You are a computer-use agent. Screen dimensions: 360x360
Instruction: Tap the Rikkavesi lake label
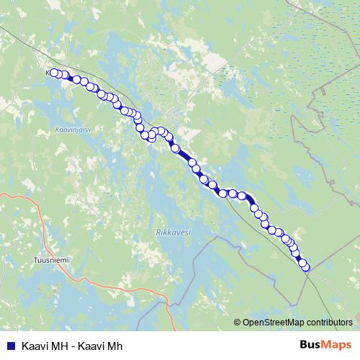click(x=172, y=233)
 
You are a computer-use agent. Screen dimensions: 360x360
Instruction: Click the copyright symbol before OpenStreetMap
click(x=238, y=323)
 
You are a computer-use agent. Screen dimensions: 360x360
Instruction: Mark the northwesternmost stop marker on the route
click(x=54, y=73)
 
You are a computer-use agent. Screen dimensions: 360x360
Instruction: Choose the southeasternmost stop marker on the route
click(x=305, y=267)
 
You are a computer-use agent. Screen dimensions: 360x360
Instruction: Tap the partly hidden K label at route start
click(x=48, y=73)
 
